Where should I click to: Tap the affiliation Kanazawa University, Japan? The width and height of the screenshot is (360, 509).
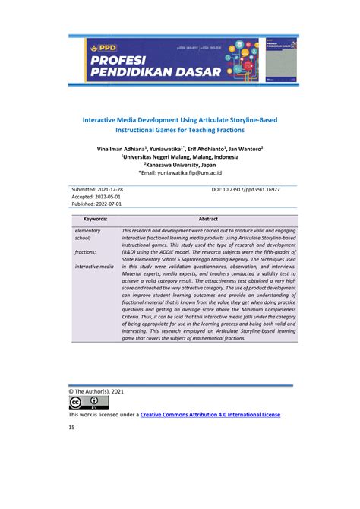tap(181, 164)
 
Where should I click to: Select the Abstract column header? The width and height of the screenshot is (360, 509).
tap(208, 219)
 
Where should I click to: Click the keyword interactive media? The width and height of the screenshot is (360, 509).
tap(95, 267)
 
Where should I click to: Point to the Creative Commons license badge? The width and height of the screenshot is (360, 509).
tap(84, 403)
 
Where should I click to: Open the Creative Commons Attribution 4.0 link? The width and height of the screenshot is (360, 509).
tap(221, 415)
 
